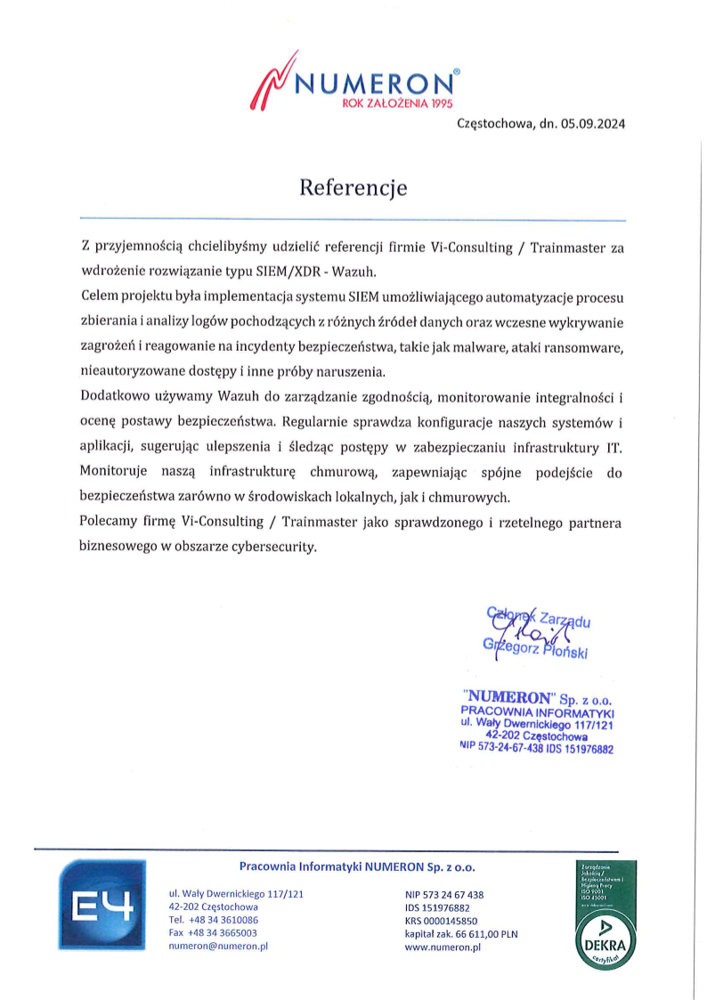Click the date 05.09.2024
pos(593,125)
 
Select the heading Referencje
pos(353,188)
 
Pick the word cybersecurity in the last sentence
pos(273,548)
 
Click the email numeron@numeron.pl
pos(218,947)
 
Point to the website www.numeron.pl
pos(443,948)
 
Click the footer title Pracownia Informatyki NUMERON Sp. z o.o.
pos(358,866)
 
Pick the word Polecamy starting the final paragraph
pos(110,523)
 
